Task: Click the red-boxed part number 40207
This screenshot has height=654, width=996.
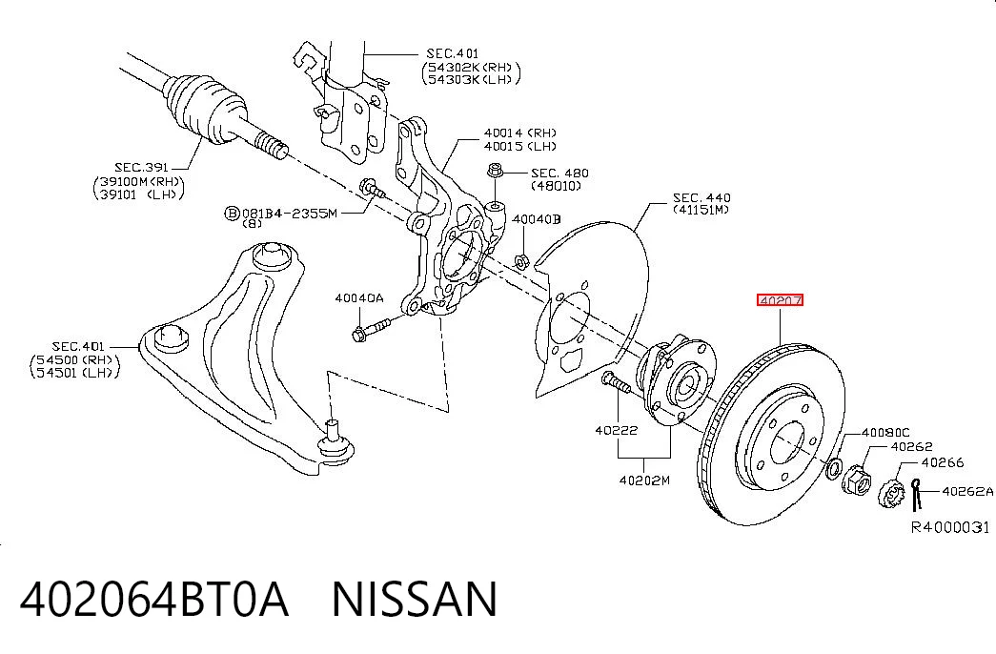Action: (780, 300)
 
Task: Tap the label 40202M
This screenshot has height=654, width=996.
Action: (644, 480)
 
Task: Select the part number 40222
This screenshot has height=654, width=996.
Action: (616, 430)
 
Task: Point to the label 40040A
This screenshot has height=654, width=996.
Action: (359, 298)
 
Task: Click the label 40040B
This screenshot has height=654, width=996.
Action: (537, 219)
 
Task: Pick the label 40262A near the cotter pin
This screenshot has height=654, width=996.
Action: (967, 491)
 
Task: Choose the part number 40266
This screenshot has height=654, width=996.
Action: (943, 462)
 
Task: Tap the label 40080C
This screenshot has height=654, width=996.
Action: (885, 433)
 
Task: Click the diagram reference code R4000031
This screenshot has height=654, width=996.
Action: (950, 527)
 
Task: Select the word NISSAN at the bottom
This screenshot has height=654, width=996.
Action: (415, 599)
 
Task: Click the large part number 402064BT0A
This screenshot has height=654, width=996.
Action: (154, 599)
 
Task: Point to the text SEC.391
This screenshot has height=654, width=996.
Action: (141, 167)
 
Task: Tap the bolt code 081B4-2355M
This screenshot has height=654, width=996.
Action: (289, 214)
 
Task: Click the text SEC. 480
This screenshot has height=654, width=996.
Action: (559, 173)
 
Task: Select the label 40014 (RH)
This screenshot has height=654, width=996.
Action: (519, 133)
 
